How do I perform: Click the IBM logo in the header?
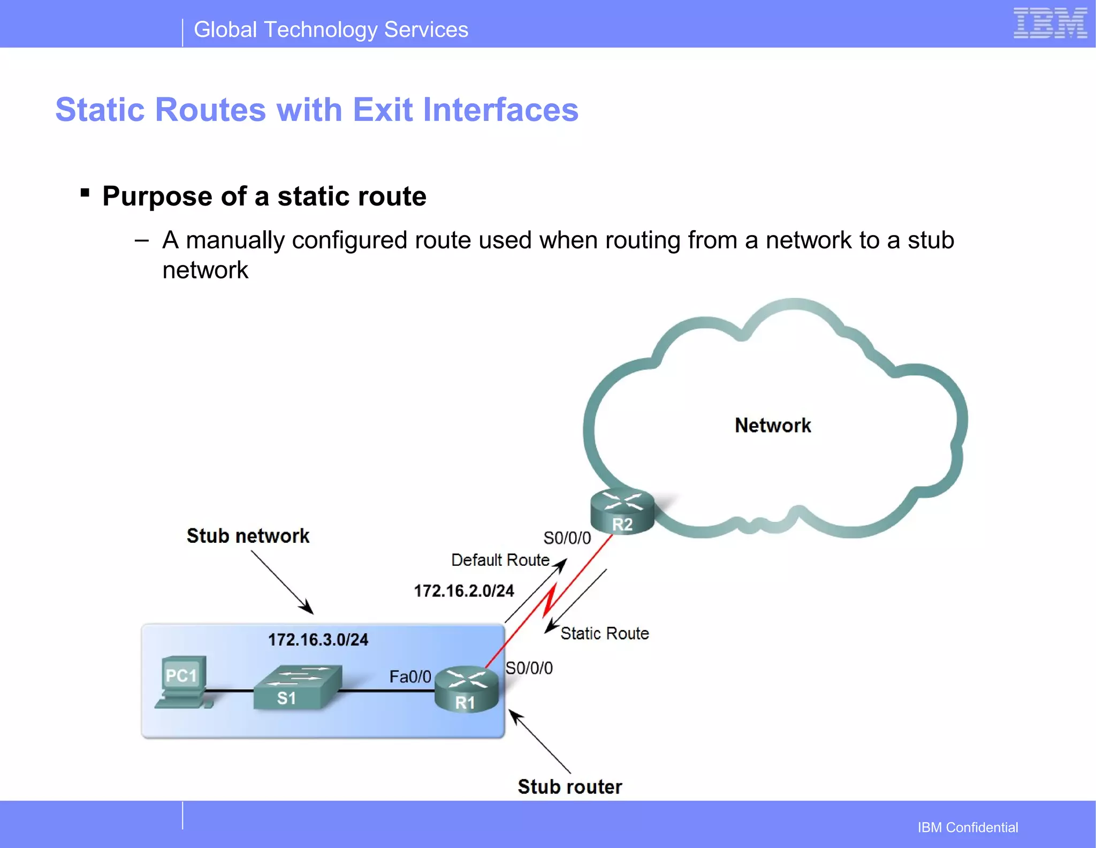tap(1050, 24)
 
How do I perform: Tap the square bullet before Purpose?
tap(85, 193)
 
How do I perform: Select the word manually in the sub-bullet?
tap(234, 240)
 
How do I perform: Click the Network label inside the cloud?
tap(772, 426)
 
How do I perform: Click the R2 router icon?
tap(622, 512)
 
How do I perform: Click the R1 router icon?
tap(467, 690)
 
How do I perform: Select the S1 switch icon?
tap(297, 687)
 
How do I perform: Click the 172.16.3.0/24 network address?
tap(318, 640)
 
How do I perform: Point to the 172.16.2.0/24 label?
tap(463, 591)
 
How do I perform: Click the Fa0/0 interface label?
tap(410, 677)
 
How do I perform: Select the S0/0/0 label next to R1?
tap(529, 668)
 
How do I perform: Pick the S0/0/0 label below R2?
tap(567, 538)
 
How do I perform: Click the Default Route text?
tap(500, 560)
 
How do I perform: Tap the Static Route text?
tap(604, 634)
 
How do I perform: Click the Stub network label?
tap(248, 536)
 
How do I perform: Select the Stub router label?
tap(569, 786)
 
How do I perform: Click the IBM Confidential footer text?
tap(968, 827)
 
